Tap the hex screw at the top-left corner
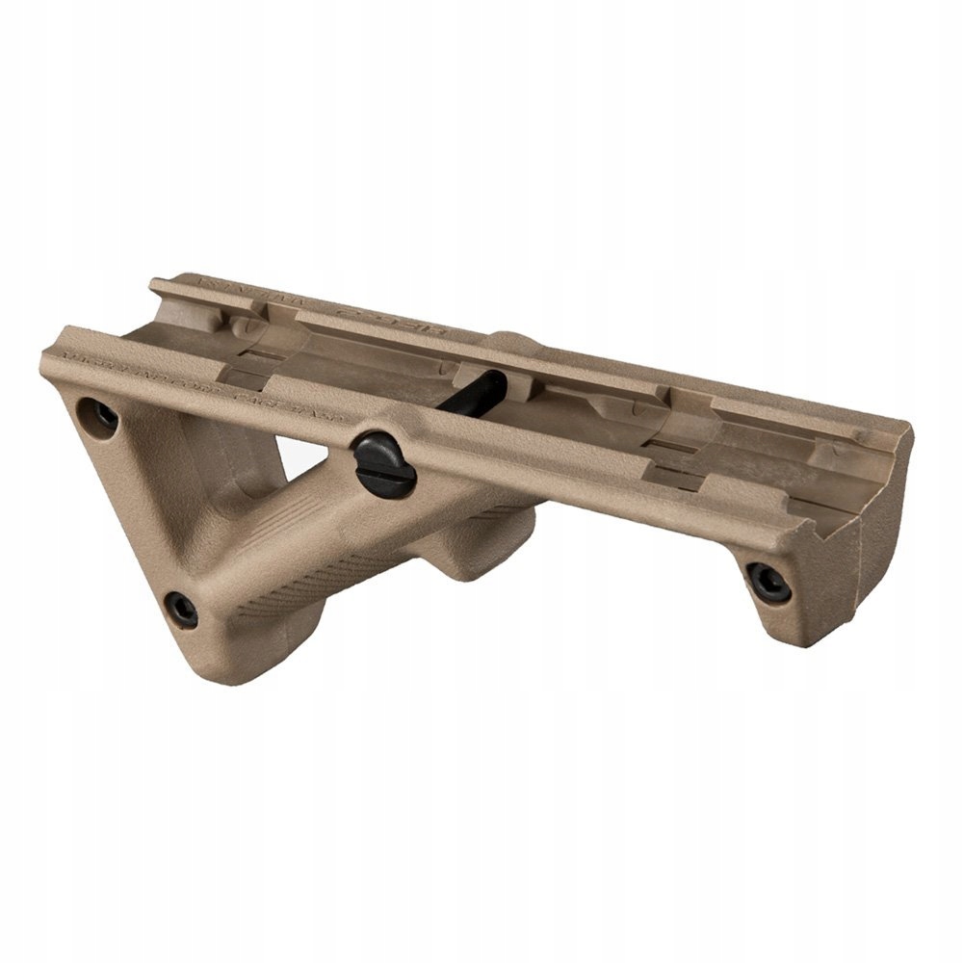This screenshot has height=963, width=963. coord(102,414)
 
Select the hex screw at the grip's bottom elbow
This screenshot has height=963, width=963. coord(181,608)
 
